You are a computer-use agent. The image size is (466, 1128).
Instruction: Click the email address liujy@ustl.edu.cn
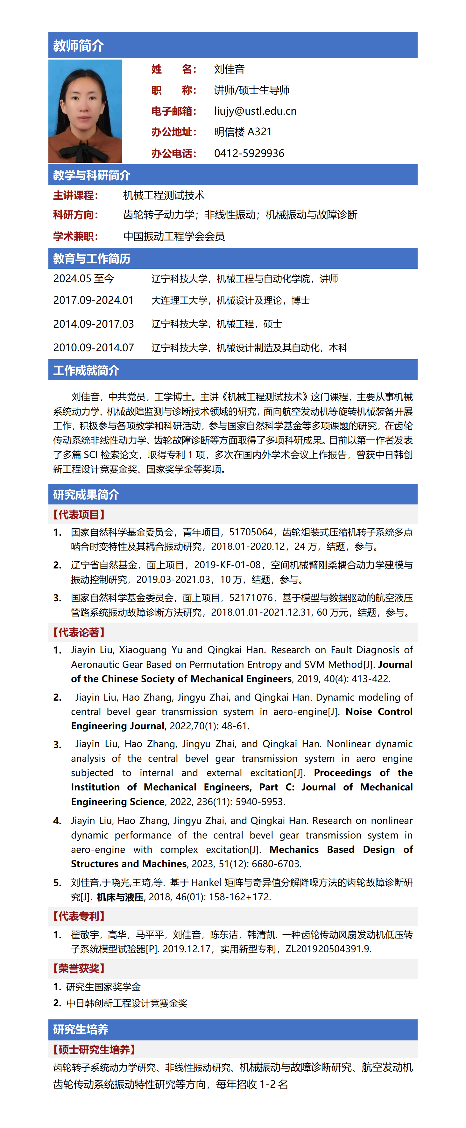[x=255, y=111]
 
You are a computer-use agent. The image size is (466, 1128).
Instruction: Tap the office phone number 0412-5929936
[x=249, y=153]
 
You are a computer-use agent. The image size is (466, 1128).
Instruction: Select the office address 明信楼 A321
[x=243, y=132]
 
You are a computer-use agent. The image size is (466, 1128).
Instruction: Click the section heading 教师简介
[x=78, y=46]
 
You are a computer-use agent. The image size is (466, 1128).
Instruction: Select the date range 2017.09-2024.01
[x=93, y=300]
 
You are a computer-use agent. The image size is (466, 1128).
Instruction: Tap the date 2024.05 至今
[x=84, y=278]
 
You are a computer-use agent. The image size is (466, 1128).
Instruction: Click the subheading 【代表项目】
[x=79, y=515]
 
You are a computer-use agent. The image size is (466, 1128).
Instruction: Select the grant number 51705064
[x=251, y=532]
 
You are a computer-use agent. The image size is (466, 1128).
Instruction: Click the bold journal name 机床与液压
[x=120, y=897]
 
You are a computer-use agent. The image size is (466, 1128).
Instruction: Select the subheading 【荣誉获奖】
[x=79, y=968]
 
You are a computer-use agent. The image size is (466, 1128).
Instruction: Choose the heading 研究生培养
[x=81, y=1029]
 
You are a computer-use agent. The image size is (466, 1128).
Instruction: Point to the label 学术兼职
[x=75, y=236]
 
